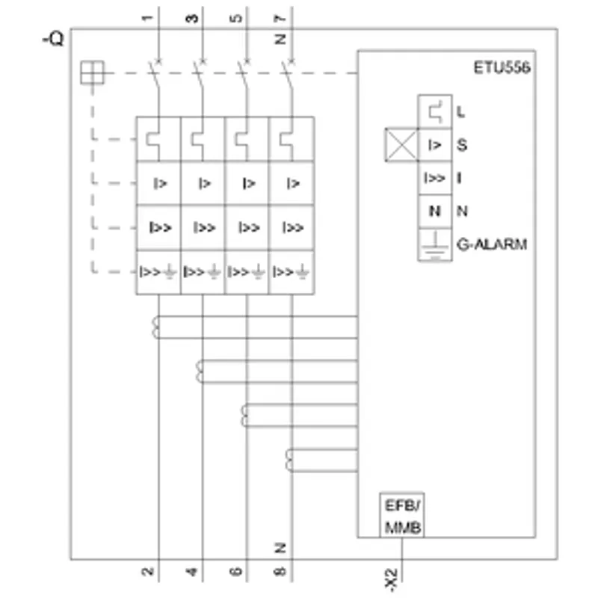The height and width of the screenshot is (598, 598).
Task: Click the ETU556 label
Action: [502, 67]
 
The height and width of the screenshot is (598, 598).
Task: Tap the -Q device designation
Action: [53, 39]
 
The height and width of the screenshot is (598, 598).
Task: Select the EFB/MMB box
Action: [402, 515]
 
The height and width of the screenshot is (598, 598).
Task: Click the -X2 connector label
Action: [391, 580]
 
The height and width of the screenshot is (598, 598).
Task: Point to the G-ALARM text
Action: [492, 244]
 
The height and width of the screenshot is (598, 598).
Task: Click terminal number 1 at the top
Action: [147, 18]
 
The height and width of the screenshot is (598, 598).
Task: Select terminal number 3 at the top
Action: [192, 18]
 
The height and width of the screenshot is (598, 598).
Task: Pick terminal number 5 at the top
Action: [236, 18]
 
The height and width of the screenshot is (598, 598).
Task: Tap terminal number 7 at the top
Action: [280, 18]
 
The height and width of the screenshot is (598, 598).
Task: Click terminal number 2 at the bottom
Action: [147, 571]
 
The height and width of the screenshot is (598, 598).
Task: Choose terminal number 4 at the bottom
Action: [192, 571]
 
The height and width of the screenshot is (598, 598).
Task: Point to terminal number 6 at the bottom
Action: [236, 571]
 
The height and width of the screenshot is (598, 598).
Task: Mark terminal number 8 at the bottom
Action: [280, 571]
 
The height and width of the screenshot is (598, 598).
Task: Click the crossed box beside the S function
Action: [401, 145]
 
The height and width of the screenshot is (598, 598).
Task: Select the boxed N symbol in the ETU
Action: [435, 211]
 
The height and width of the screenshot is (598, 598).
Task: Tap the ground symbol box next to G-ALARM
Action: [435, 244]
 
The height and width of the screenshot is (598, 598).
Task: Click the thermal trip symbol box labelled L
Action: [435, 111]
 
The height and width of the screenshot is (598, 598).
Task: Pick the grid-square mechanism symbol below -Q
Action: [92, 73]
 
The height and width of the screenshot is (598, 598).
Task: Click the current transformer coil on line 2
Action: [155, 327]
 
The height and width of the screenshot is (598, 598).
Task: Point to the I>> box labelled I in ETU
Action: [435, 178]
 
